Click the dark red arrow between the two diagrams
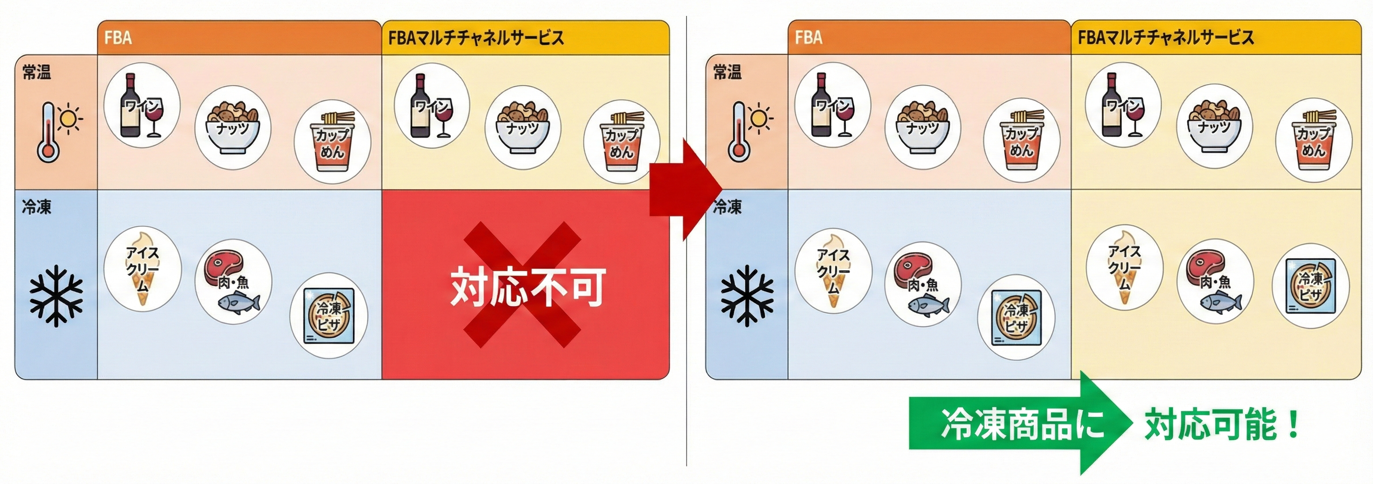point(685,189)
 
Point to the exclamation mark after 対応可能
point(1293,425)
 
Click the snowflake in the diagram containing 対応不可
point(56,296)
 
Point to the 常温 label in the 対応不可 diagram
point(37,72)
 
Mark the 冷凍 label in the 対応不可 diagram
point(37,207)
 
